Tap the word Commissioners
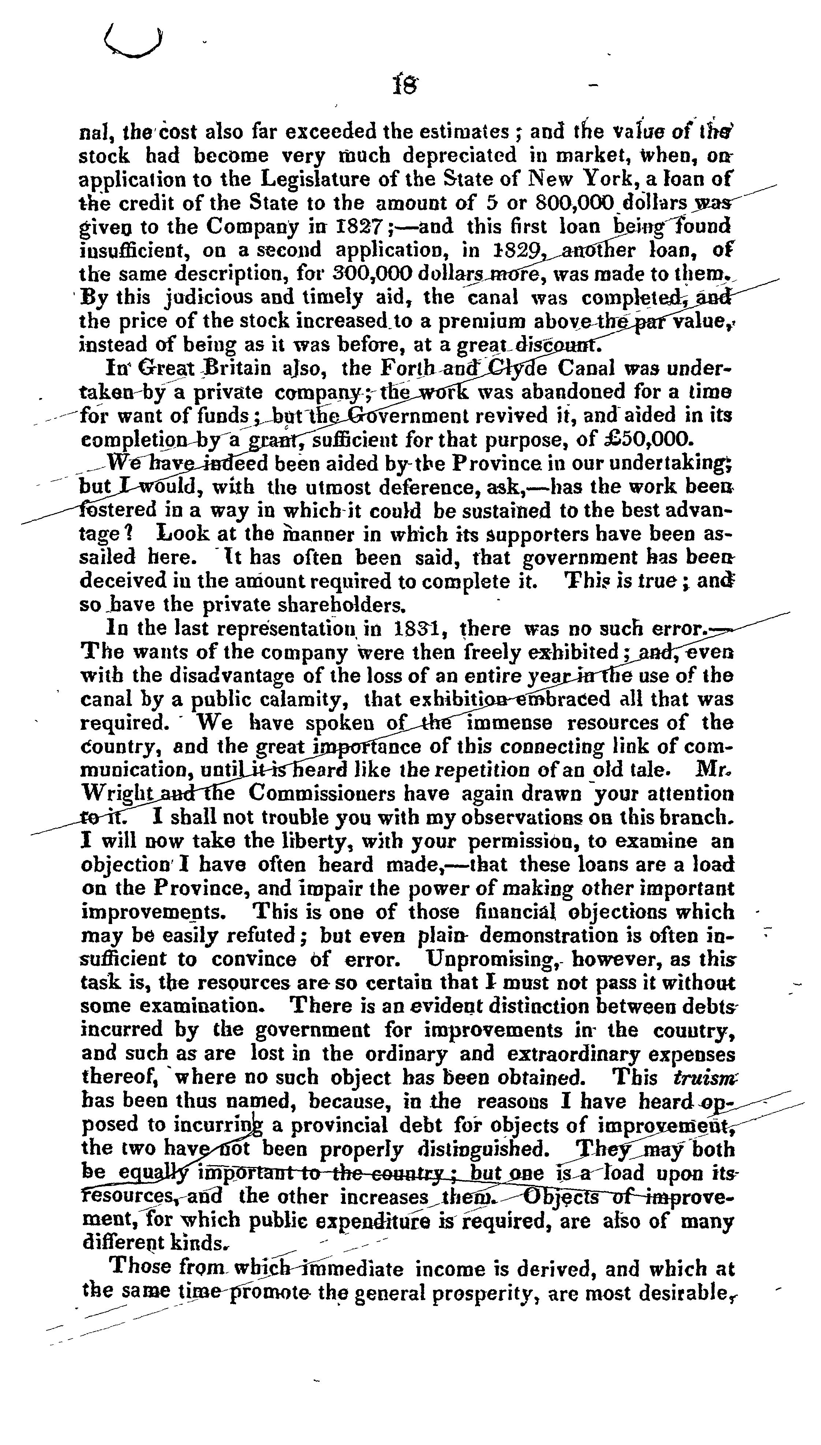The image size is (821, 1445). tap(348, 793)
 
